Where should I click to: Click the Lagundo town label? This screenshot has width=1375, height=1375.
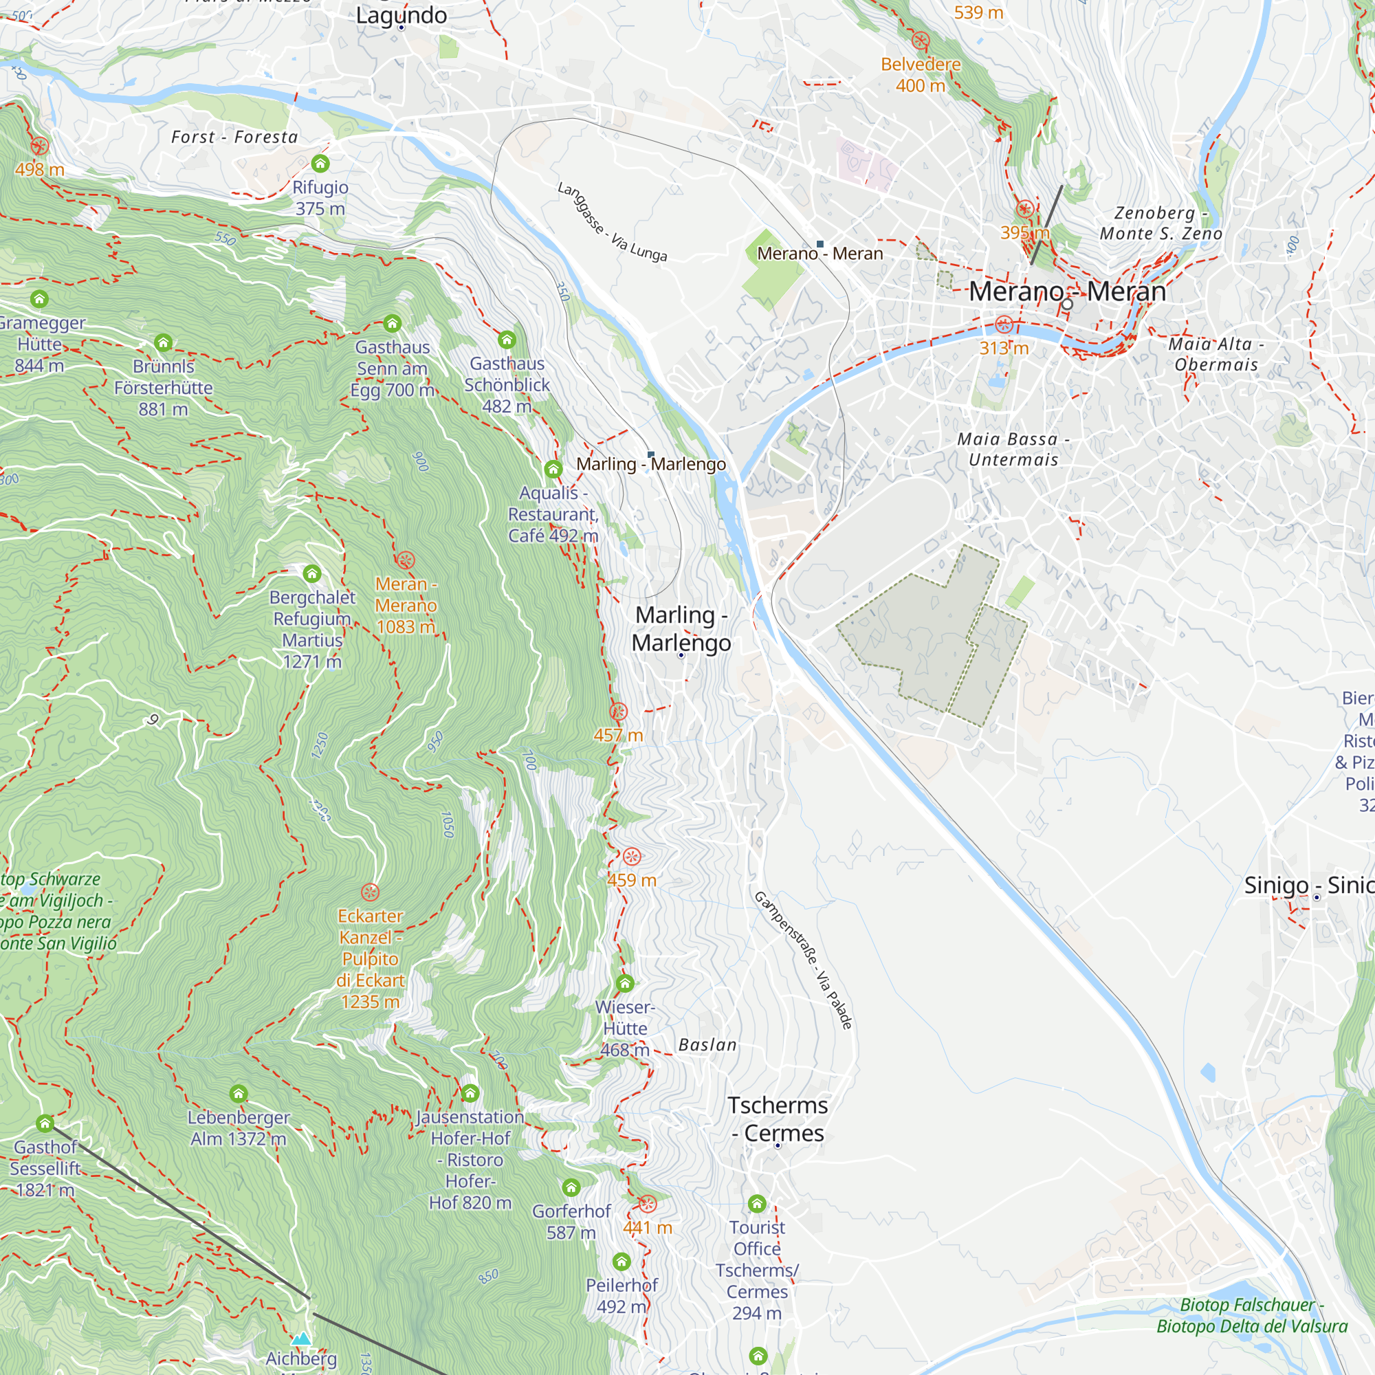point(401,15)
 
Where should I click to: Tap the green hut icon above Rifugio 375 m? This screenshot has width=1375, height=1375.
point(320,164)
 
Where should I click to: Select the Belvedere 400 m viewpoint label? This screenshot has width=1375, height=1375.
point(921,75)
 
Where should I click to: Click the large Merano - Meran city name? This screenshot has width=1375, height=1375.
point(1067,291)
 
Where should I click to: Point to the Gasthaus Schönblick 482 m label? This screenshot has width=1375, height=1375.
point(507,384)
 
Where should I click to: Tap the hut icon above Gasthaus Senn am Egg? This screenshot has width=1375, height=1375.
point(392,324)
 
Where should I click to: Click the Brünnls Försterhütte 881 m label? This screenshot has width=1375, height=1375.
point(163,387)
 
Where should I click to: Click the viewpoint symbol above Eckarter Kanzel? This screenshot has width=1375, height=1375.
point(370,892)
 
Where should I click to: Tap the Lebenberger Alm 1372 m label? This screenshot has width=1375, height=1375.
point(239,1128)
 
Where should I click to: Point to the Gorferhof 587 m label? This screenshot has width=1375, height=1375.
point(571,1221)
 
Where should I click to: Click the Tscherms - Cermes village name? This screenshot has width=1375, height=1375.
point(778,1119)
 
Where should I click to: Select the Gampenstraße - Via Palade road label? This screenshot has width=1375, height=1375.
point(803,959)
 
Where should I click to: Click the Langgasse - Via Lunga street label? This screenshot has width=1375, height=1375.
point(612,221)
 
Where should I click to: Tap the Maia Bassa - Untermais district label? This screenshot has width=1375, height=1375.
point(1013,449)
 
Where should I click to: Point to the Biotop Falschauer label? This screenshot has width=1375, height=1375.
point(1252,1315)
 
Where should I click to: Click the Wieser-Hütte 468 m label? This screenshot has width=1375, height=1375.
point(625,1028)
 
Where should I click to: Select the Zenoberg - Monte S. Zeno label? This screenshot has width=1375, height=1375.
point(1160,223)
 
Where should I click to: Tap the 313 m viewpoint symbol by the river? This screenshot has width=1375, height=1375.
point(1004,325)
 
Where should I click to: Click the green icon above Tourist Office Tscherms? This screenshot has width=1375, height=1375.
point(756,1204)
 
